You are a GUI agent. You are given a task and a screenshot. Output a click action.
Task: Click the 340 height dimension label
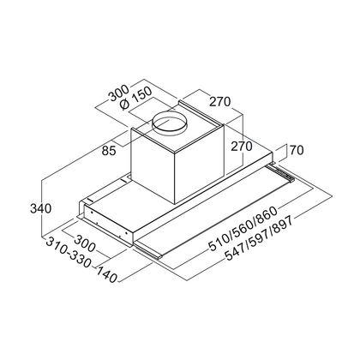[x=40, y=208]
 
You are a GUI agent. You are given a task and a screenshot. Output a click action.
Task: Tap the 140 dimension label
[x=106, y=274]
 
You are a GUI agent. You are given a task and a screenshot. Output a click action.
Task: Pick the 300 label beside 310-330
[x=84, y=243]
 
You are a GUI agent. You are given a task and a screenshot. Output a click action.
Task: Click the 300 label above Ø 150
[x=118, y=93]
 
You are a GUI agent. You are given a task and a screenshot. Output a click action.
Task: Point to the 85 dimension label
[x=109, y=151]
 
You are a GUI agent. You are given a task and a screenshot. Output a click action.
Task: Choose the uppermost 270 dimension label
[x=219, y=101]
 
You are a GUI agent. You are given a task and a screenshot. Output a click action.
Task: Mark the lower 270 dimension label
[x=242, y=147]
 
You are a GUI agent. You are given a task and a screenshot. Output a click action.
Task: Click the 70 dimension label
[x=297, y=150]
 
